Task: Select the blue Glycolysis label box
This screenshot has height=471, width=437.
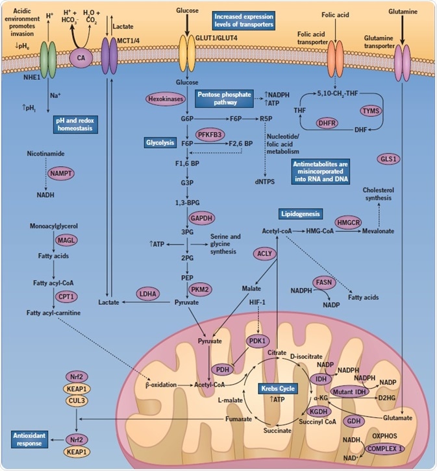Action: (160, 141)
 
